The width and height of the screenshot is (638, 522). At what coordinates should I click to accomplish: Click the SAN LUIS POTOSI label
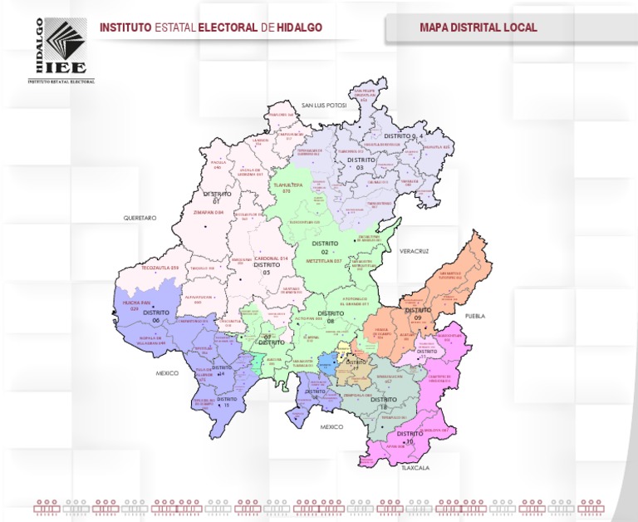point(323,106)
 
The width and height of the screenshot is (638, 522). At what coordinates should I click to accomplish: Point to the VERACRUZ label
point(412,250)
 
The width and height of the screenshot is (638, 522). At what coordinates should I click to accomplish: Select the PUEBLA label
point(474,316)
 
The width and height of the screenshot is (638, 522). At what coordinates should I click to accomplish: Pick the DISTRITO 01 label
point(217,197)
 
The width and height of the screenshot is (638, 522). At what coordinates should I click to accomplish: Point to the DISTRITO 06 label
point(155,316)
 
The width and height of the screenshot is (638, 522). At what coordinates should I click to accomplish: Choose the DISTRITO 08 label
point(331,317)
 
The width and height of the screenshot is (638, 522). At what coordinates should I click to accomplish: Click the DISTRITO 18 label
point(384,403)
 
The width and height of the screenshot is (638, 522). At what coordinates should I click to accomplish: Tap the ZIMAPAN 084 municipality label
point(209,213)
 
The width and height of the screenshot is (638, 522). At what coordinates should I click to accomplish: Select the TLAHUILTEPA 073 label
point(287,189)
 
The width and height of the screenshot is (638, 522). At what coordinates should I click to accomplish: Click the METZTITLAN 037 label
point(323,261)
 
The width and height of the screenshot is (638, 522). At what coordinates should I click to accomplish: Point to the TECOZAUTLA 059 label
point(160,268)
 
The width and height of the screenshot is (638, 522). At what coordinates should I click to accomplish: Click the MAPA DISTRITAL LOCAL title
point(478,27)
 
